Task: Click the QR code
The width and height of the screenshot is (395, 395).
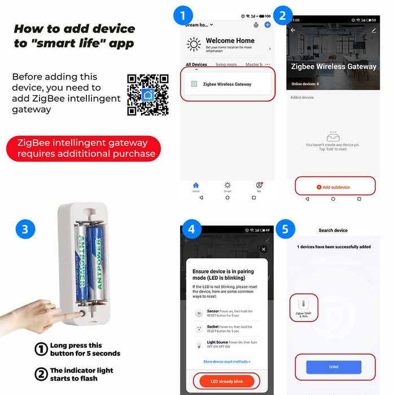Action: coord(148,94)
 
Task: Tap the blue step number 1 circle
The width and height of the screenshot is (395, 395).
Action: coord(182,15)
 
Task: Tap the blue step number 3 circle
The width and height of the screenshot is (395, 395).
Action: coord(25,229)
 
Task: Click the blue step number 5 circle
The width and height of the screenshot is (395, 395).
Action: coord(286,229)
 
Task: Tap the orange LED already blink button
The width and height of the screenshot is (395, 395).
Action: coord(227,381)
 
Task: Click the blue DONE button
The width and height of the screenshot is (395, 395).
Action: coord(333,367)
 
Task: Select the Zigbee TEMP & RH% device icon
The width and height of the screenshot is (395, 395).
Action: coord(304,305)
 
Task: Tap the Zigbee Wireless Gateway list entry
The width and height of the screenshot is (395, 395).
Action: coord(227,84)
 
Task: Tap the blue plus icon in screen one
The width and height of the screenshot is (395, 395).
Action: coord(267,24)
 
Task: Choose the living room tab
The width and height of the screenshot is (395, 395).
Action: coord(226,65)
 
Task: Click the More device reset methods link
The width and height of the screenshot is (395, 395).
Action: coord(227,361)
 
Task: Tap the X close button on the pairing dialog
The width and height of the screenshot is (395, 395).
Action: coord(263,249)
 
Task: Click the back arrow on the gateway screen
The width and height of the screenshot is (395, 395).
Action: coord(293,30)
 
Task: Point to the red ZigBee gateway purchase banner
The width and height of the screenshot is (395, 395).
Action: coord(84,148)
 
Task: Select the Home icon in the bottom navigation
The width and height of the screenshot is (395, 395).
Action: coord(196,186)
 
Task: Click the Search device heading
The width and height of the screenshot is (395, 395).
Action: coord(333,230)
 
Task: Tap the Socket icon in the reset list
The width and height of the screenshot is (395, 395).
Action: coord(198,328)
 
